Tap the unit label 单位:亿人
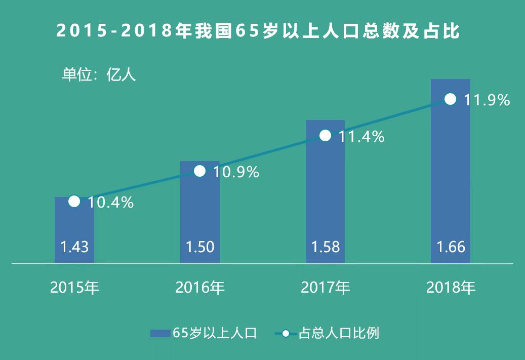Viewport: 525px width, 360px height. click(x=99, y=75)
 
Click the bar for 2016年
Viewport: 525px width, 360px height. click(x=200, y=213)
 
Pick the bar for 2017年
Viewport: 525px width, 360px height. click(x=325, y=192)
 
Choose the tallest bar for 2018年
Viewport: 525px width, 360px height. click(x=450, y=172)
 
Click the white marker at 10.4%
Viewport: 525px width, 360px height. click(x=74, y=202)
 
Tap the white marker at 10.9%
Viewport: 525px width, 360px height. click(x=200, y=171)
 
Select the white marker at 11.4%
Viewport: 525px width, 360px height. click(x=326, y=136)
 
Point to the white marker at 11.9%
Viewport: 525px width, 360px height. click(x=450, y=99)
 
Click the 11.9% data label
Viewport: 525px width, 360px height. click(x=487, y=100)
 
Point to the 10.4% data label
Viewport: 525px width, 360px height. click(x=110, y=203)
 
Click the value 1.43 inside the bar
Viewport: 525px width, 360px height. click(x=74, y=247)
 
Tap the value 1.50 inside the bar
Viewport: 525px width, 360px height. click(x=200, y=247)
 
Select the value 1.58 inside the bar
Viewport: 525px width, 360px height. click(x=325, y=247)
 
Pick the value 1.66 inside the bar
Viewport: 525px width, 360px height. click(x=451, y=247)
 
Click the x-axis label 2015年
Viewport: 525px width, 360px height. click(x=74, y=288)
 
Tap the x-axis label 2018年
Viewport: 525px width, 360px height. click(x=451, y=288)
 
